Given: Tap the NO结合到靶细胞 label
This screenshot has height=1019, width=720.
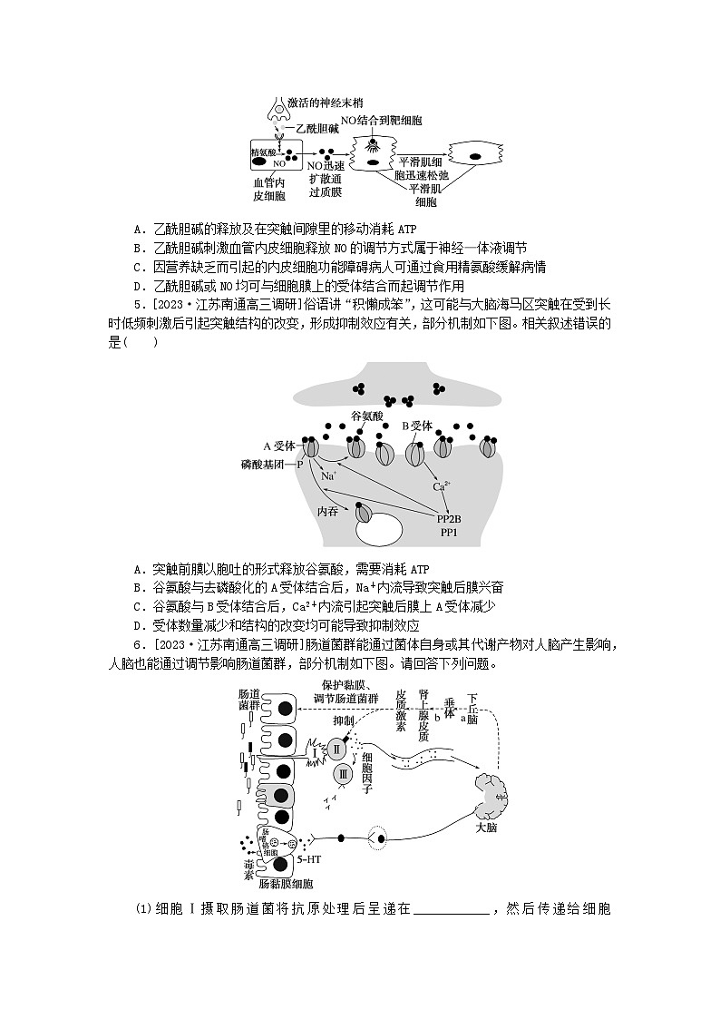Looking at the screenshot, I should (x=381, y=120).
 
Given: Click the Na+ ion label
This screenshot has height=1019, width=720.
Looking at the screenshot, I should (x=328, y=475).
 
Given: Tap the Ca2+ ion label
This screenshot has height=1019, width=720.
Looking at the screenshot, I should (x=442, y=485).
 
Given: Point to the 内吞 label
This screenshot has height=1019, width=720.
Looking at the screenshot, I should (x=327, y=511).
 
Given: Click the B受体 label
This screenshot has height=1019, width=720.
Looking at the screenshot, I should (x=417, y=425).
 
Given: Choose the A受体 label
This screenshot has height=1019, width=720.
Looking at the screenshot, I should (x=278, y=446).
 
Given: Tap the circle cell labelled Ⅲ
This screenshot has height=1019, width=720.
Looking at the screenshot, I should (x=343, y=774).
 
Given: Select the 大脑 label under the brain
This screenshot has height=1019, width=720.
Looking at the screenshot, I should (x=486, y=828).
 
